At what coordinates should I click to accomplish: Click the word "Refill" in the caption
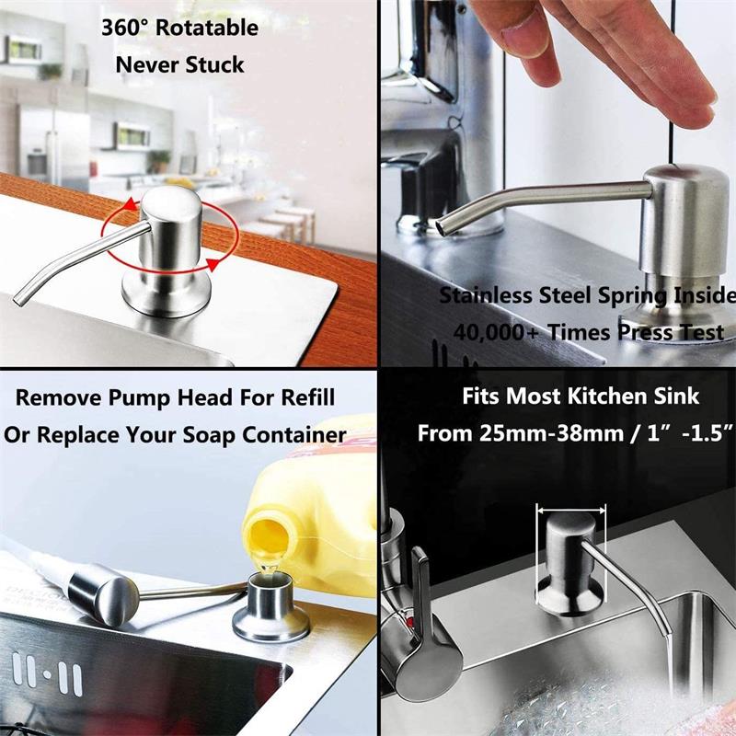[x=308, y=397]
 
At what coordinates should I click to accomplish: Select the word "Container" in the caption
[x=294, y=435]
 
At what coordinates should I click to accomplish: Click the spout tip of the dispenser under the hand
[x=443, y=227]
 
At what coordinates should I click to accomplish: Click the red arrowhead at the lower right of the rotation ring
[x=213, y=264]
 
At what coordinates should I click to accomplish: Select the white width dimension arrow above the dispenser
[x=570, y=510]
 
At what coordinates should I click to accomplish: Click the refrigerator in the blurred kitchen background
[x=53, y=144]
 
